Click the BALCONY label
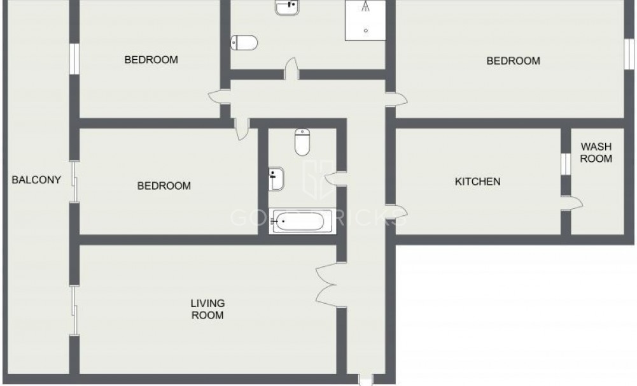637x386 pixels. [x=36, y=180]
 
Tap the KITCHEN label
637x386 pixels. [x=477, y=182]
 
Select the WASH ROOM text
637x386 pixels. [x=596, y=152]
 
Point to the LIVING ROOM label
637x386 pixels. [x=207, y=309]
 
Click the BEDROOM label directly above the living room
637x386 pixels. [x=164, y=186]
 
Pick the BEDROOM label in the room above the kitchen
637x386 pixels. [x=513, y=61]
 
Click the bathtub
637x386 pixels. [x=302, y=222]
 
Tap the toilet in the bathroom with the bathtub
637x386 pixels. [x=302, y=143]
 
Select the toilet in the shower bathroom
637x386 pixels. [x=244, y=43]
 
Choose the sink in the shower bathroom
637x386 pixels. [x=286, y=7]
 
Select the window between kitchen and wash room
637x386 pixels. [x=565, y=163]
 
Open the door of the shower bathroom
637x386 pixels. [x=291, y=69]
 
